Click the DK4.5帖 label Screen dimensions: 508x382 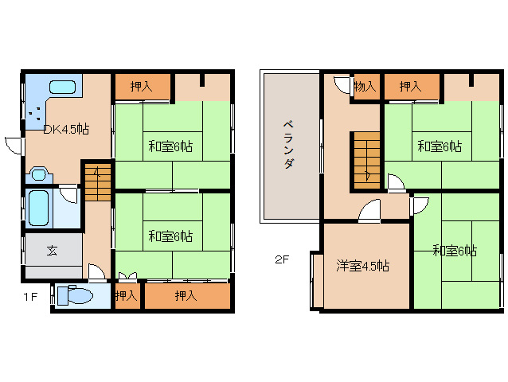(66, 130)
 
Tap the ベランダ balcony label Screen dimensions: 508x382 (289, 145)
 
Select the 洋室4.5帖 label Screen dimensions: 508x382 (362, 266)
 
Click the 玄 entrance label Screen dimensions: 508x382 (53, 250)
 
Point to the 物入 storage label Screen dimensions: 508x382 (365, 87)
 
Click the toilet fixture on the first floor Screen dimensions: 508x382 (75, 295)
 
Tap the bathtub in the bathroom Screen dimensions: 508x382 (39, 208)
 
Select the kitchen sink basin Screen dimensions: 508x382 (63, 87)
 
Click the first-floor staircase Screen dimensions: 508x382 (98, 182)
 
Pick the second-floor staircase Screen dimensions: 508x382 (367, 160)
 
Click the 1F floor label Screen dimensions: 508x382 (30, 297)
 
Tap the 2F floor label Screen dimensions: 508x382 (282, 259)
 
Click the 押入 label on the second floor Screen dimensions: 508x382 (411, 87)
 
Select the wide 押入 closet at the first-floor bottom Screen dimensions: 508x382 (187, 295)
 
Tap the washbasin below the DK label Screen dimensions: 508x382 (39, 174)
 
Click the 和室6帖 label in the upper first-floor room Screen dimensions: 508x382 (170, 146)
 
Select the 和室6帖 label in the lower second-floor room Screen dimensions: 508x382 (455, 251)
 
